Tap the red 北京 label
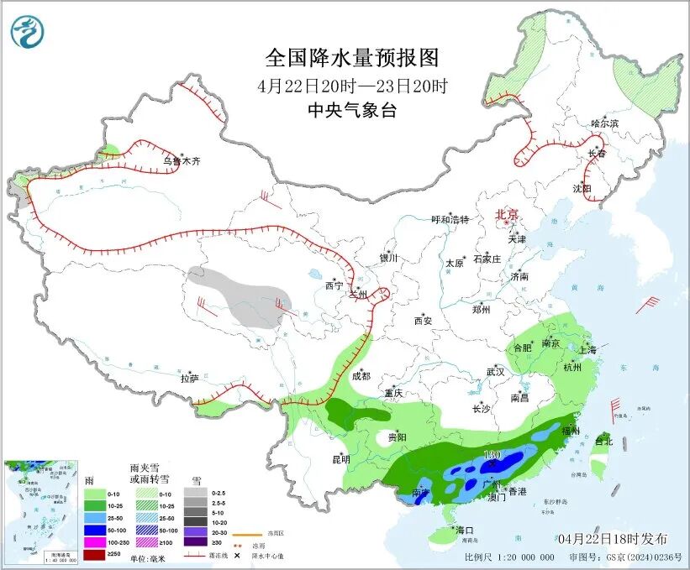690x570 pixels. coord(508,214)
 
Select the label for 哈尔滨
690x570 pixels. coord(604,123)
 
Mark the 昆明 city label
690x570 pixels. coord(340,458)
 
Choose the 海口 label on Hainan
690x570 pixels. coord(465,530)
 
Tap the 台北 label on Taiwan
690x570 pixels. coord(603,440)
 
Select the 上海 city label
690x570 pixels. coord(587,349)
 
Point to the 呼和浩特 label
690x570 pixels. coord(450,219)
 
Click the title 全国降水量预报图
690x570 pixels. coord(352,58)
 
